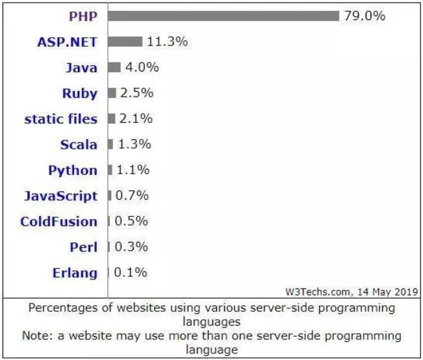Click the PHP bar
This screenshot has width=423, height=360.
tap(224, 16)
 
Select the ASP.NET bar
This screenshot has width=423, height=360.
tap(125, 42)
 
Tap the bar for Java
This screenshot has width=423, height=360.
tap(114, 67)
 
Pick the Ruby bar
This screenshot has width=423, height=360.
tap(112, 93)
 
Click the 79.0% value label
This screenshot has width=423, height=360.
tap(365, 16)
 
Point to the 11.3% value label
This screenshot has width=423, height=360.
tap(167, 42)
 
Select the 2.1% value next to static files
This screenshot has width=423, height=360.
tap(136, 118)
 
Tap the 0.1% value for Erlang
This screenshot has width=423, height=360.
tap(131, 272)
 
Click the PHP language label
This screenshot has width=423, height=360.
tap(83, 16)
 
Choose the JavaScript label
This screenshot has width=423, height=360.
tap(60, 196)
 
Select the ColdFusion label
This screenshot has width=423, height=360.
tap(58, 222)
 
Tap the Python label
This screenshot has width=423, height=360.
tap(73, 170)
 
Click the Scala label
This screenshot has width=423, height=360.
tap(79, 144)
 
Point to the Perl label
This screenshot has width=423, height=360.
tap(83, 247)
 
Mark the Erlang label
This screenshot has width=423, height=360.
tap(75, 273)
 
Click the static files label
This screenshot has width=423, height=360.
tap(61, 119)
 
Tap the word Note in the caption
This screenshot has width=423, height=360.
tap(34, 336)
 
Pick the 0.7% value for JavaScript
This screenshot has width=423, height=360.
tap(132, 196)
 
